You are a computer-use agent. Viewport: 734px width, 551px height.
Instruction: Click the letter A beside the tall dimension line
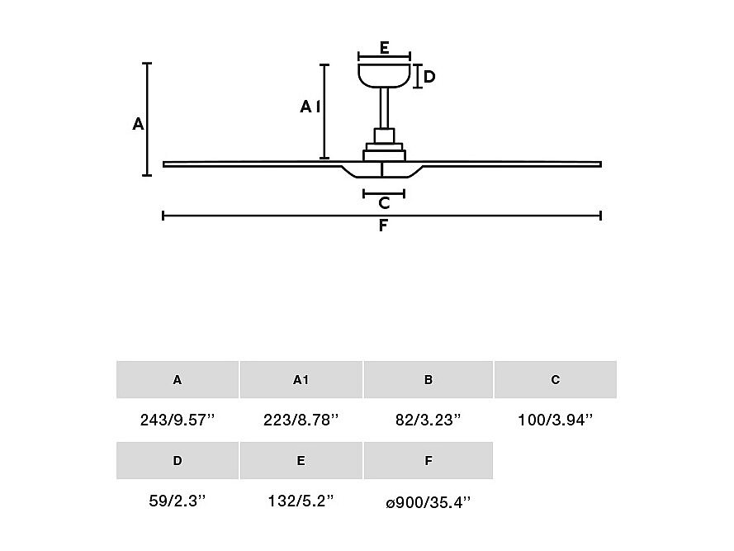click(138, 124)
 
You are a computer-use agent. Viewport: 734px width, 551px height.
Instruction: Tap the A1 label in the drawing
click(310, 107)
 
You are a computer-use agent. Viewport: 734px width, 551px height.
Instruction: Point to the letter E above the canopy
click(384, 48)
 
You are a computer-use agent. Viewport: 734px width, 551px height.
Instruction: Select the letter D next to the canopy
click(429, 76)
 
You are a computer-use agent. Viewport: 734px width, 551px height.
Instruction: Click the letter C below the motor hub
click(384, 203)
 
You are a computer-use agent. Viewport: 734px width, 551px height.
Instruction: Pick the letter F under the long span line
click(383, 226)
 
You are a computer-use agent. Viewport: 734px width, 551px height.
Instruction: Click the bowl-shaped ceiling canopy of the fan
click(384, 75)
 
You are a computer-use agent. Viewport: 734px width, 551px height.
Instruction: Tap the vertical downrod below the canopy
click(384, 108)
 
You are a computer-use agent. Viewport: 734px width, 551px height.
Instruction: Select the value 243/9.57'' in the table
click(178, 420)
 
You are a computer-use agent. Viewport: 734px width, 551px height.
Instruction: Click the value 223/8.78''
click(301, 420)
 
